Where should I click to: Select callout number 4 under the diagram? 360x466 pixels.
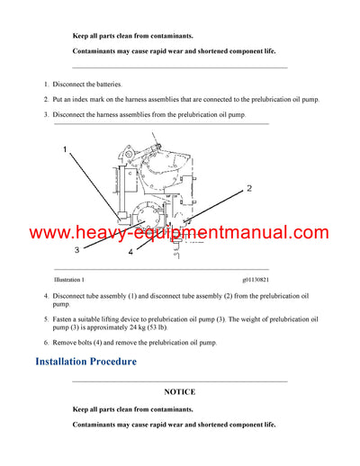coord(130,253)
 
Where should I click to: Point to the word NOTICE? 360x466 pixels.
coord(179,392)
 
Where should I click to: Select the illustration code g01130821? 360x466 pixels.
coord(261,280)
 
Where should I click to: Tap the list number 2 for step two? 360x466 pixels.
coord(46,99)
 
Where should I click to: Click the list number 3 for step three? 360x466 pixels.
coord(46,114)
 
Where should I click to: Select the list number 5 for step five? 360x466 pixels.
coord(46,318)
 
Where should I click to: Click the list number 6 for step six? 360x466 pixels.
coord(46,343)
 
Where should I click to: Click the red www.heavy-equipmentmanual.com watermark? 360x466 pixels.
coord(179,233)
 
